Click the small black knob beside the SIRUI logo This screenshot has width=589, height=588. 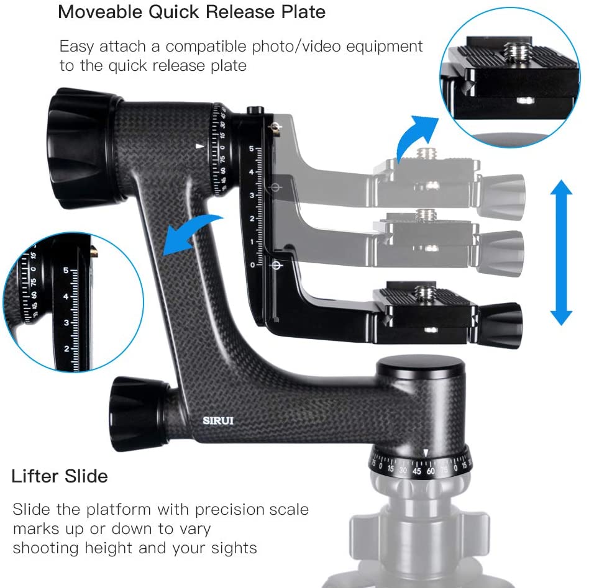(x=138, y=409)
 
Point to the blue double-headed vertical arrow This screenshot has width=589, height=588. (x=561, y=252)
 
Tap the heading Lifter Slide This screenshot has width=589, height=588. (x=60, y=477)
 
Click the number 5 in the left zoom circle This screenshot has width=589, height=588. (x=66, y=270)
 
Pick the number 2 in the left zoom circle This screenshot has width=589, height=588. (x=66, y=349)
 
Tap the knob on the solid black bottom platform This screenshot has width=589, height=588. (x=500, y=319)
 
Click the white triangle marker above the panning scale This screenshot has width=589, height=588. (x=425, y=452)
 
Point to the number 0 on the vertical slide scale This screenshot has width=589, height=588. (x=252, y=265)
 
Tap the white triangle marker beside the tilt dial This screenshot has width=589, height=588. (x=199, y=147)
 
